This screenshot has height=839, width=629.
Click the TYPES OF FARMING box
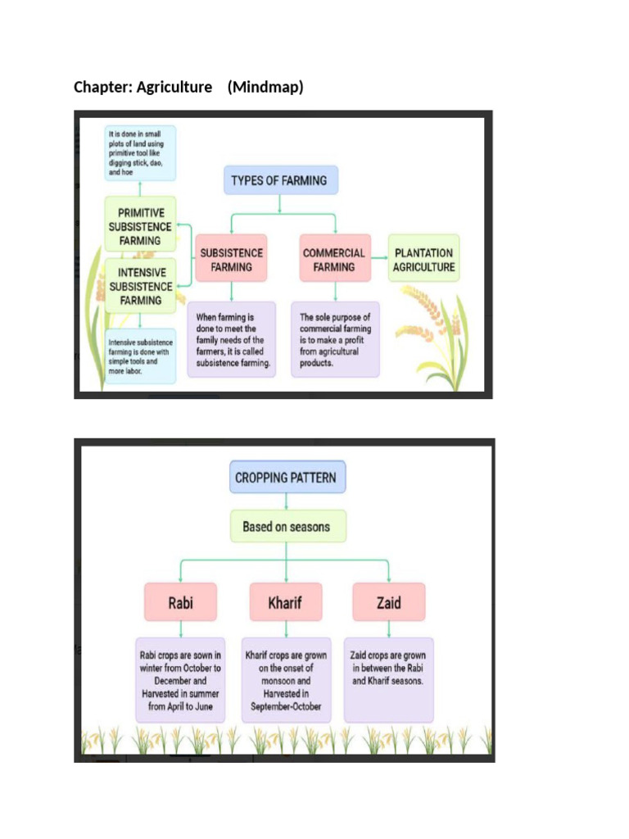[x=280, y=180]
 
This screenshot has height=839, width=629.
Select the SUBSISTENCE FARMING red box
[x=231, y=260]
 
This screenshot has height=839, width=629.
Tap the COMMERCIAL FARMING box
[x=334, y=260]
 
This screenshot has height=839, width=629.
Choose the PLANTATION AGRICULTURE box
[x=423, y=260]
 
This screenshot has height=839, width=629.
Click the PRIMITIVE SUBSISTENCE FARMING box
[x=141, y=226]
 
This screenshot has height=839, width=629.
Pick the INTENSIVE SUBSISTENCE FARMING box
[x=141, y=286]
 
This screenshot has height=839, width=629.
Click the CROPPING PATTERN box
[x=285, y=477]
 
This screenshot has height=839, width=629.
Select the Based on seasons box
[x=286, y=527]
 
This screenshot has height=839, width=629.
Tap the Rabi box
[x=181, y=602]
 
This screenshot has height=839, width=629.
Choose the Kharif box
[x=285, y=602]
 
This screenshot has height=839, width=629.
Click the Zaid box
[x=388, y=602]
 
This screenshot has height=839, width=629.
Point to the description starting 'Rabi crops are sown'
[x=181, y=680]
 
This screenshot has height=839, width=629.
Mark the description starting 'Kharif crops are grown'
[x=286, y=680]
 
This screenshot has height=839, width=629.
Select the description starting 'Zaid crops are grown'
[x=388, y=680]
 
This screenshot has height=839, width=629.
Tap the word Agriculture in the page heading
[x=174, y=86]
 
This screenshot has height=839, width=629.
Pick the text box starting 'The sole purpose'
[x=335, y=339]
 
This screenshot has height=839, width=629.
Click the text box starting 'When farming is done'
[x=231, y=339]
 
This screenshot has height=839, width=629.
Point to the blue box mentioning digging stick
[x=140, y=152]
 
